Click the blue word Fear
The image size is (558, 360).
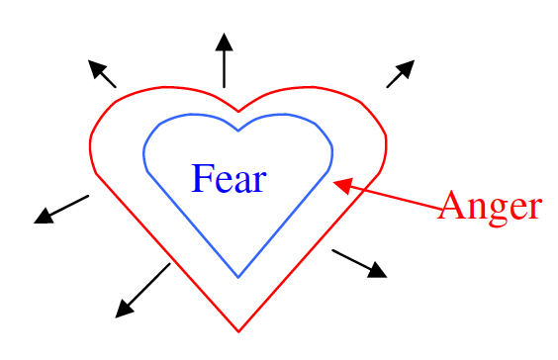[x=229, y=179]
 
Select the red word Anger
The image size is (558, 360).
[x=490, y=207]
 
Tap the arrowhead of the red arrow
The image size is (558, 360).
[x=341, y=184]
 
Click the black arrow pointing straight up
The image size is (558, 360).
[x=225, y=61]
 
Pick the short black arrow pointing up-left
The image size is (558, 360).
[x=102, y=74]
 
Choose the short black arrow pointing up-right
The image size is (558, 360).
[x=400, y=74]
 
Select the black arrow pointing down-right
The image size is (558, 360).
[x=358, y=263]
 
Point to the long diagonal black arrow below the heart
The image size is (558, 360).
[x=143, y=290]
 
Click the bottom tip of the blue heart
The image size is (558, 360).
[x=238, y=277]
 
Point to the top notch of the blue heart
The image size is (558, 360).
[x=238, y=130]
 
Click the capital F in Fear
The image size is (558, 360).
[x=202, y=179]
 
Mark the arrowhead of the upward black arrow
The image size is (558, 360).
[x=225, y=42]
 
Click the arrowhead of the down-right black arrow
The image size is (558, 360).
[x=377, y=271]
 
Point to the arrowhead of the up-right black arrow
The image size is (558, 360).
[x=407, y=67]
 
